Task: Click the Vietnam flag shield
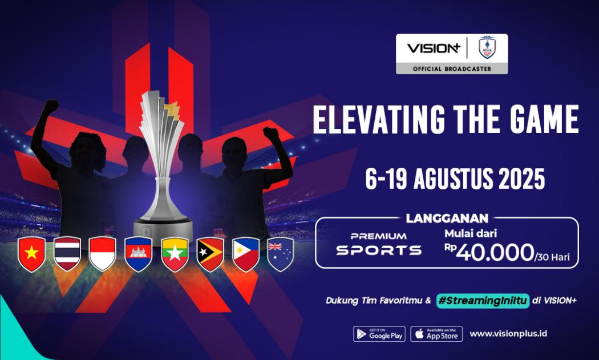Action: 31,254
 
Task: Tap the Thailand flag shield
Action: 67,254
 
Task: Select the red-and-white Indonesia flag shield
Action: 103,254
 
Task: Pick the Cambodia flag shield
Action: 139,254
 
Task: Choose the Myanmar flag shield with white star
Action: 175,254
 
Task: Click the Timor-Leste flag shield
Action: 210,254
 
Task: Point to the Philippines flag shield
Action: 246,254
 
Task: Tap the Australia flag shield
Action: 281,254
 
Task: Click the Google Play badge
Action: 379,334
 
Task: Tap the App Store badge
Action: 436,334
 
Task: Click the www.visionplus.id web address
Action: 508,333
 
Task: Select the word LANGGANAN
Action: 447,218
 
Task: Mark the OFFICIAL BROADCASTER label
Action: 452,68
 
